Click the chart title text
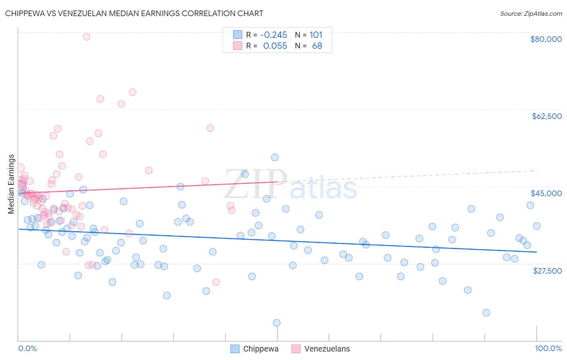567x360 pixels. [134, 13]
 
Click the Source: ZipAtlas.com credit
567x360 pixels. [531, 13]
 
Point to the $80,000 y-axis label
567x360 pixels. [546, 39]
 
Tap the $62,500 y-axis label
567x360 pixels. [546, 116]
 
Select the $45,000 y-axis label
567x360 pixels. [546, 193]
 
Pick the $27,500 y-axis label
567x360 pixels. [547, 271]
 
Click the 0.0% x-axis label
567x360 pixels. [27, 348]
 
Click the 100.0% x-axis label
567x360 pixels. [548, 348]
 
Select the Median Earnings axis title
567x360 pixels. [11, 184]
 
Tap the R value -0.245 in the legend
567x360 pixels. [273, 35]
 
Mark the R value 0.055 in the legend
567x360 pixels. [275, 46]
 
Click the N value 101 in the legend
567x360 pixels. [316, 35]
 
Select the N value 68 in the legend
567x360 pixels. [317, 46]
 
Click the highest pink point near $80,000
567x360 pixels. [86, 37]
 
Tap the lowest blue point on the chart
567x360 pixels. [277, 323]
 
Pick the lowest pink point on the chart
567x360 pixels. [216, 282]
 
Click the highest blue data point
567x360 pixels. [275, 157]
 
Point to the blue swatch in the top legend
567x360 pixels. [238, 35]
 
